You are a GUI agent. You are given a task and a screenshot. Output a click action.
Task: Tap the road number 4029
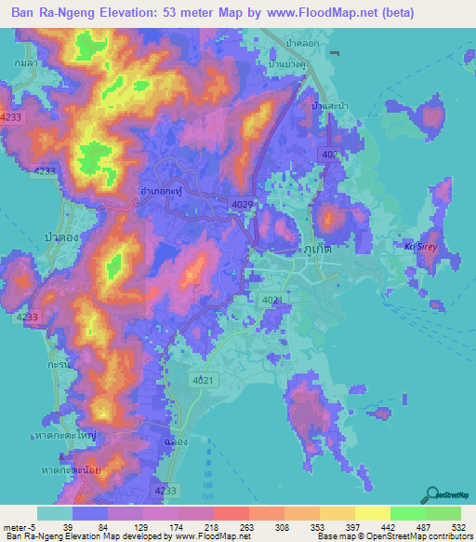click(241, 203)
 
